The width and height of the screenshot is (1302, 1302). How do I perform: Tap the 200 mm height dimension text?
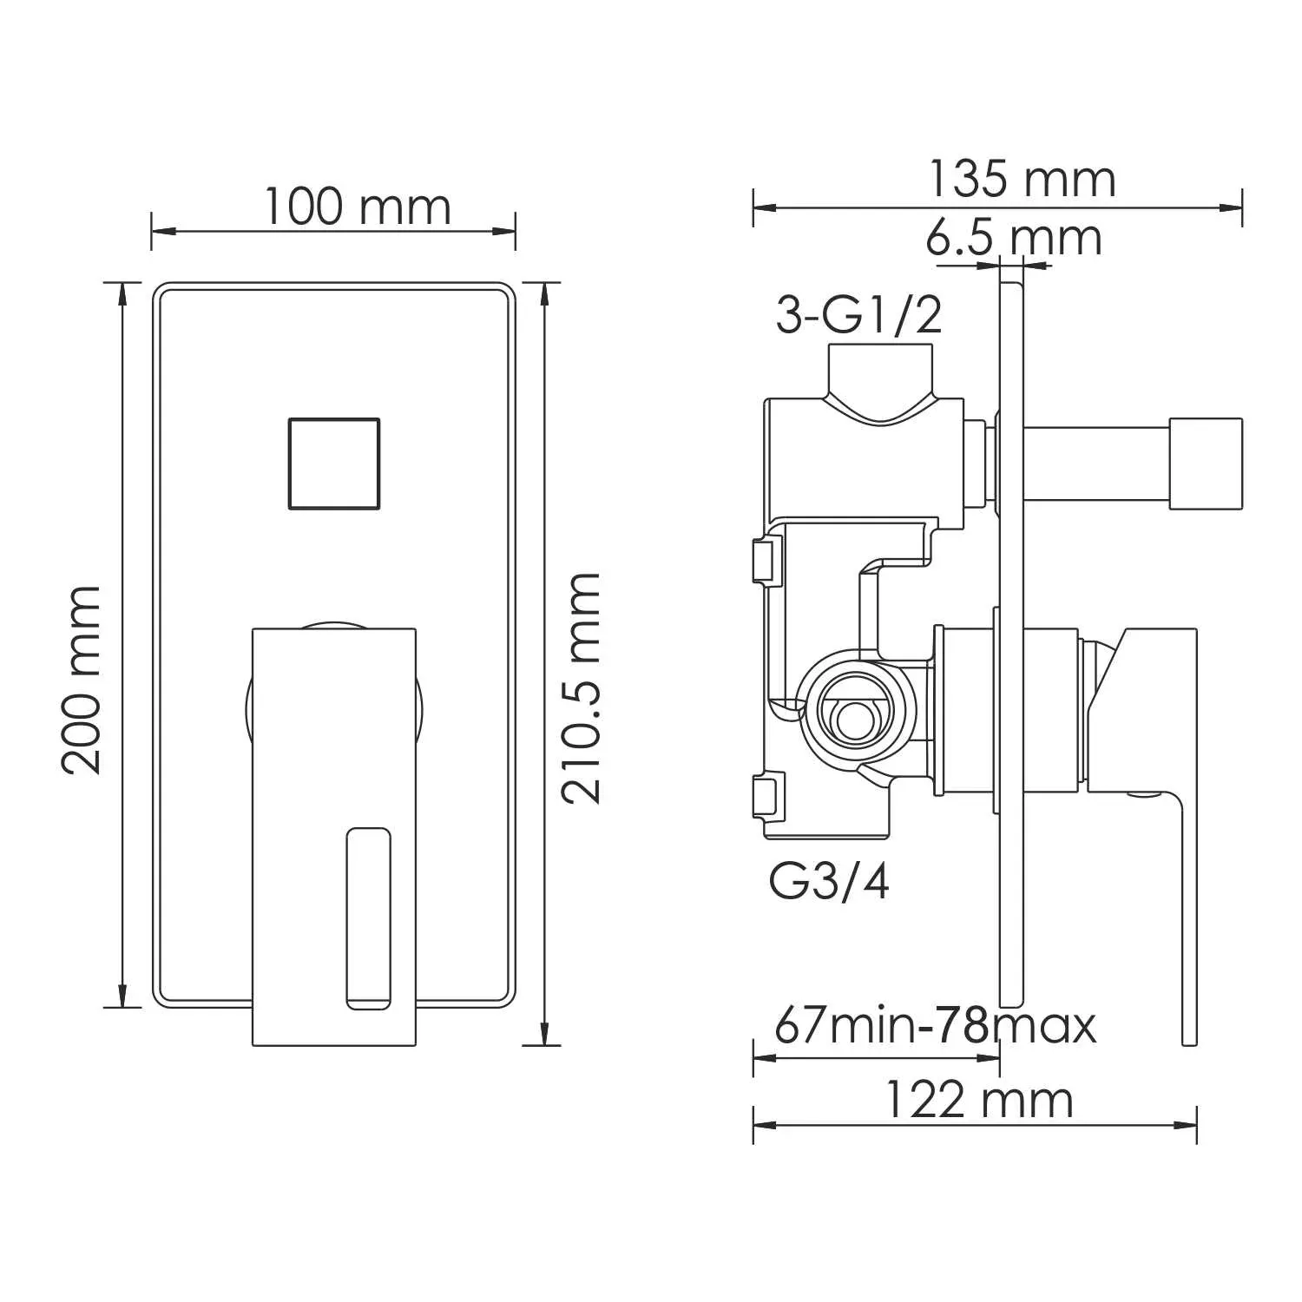[82, 679]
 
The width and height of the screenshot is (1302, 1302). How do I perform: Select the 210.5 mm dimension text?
[581, 688]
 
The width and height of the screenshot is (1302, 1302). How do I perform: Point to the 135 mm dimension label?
[1022, 180]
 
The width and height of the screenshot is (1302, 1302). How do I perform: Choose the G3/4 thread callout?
[829, 883]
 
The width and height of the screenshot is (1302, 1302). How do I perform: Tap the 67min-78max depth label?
[935, 1025]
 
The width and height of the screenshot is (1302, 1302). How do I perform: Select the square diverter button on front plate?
[333, 463]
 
